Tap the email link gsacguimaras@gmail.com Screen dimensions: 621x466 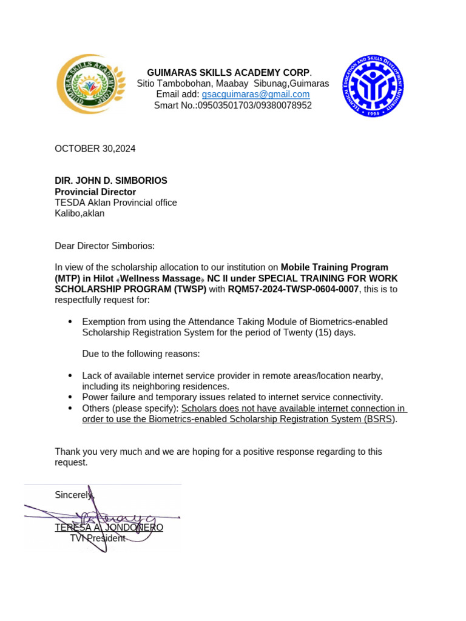(x=255, y=95)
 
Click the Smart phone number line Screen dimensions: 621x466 (x=233, y=106)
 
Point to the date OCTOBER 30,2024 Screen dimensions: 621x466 (x=95, y=149)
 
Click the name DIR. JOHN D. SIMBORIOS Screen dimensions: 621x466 (x=111, y=181)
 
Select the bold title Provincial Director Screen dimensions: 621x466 (x=95, y=192)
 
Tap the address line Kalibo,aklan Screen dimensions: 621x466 (x=79, y=213)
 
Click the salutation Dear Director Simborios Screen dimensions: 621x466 (x=105, y=246)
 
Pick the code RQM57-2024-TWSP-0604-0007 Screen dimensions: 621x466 (x=293, y=289)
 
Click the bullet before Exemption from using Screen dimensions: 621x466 (x=70, y=321)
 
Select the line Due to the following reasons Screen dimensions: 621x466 (x=141, y=354)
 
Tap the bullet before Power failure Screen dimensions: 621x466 (x=70, y=397)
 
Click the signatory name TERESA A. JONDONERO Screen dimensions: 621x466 (x=109, y=528)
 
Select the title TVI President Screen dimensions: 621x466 (x=97, y=538)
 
